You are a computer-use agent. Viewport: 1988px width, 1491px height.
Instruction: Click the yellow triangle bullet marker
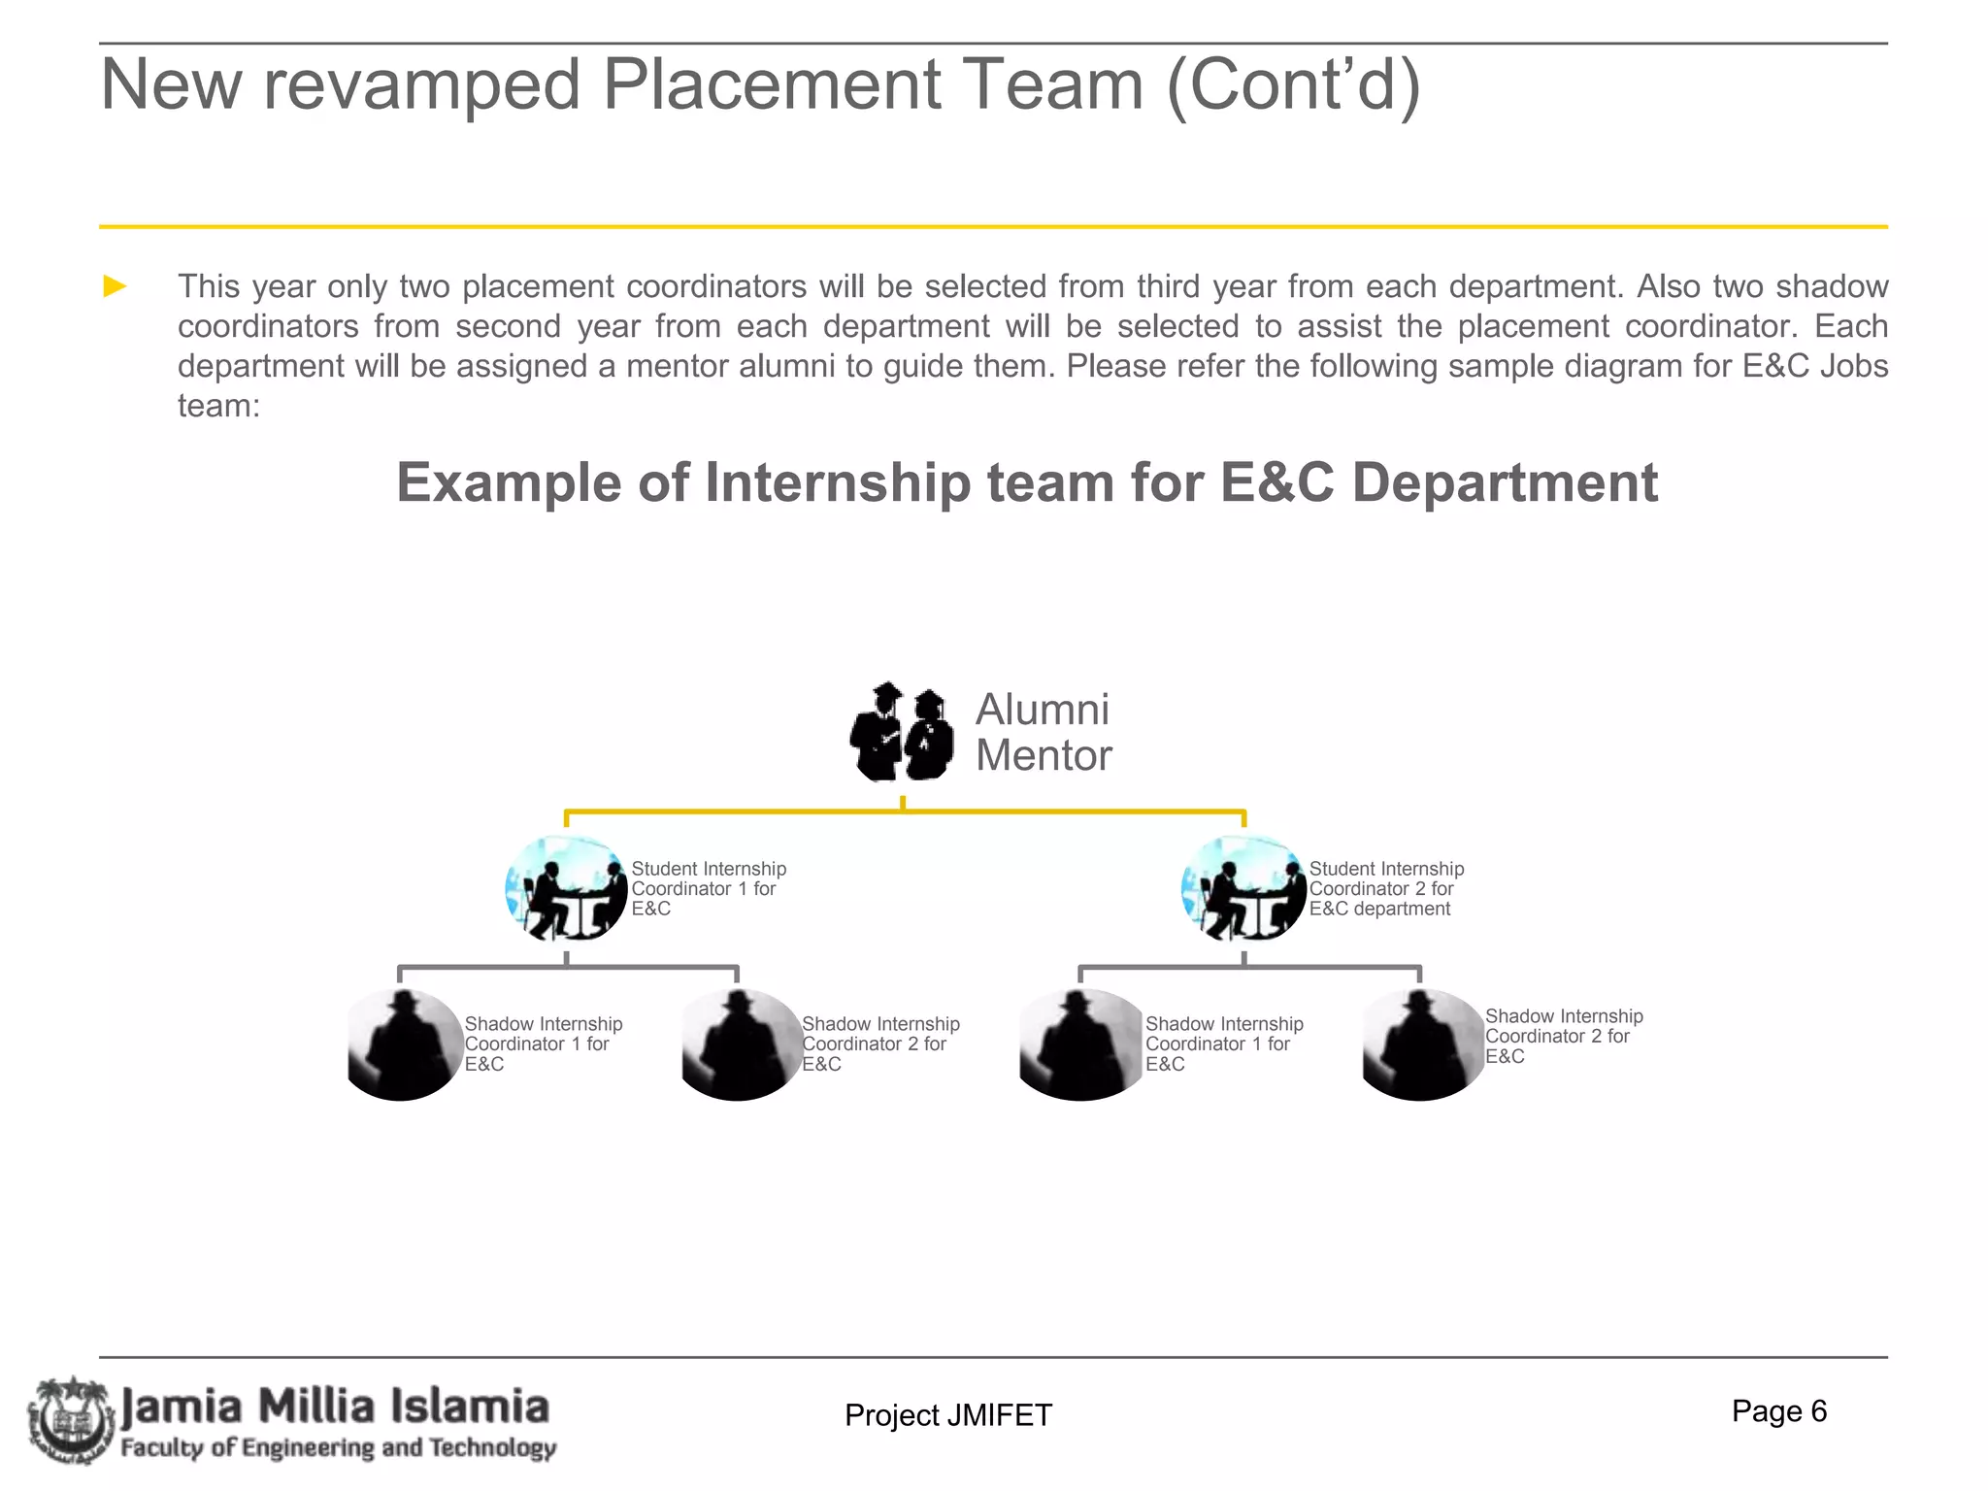coord(116,286)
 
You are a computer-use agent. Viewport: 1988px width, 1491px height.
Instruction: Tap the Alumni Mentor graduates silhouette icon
coord(902,732)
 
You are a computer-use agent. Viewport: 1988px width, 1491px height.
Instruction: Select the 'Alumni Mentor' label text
coord(1043,733)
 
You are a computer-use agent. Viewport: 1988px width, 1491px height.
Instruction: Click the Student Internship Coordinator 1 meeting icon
coord(567,888)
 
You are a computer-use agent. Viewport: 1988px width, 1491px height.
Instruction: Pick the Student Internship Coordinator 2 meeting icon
coord(1243,888)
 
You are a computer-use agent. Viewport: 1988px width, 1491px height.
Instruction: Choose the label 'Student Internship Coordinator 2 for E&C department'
coord(1385,889)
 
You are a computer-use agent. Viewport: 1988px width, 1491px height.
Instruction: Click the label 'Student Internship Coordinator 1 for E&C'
coord(708,889)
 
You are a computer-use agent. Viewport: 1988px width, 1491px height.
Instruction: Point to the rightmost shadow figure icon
coord(1420,1044)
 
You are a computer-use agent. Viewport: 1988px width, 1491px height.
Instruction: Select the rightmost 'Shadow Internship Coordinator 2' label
coord(1563,1037)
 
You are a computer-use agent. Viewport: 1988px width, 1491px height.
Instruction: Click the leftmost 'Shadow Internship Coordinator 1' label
coord(543,1044)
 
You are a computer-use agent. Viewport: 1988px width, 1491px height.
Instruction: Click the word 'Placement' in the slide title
coord(773,85)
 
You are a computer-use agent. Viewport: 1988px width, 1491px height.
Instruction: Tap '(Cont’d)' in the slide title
coord(1293,85)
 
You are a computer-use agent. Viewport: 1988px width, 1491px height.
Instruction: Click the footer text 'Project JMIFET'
coord(947,1415)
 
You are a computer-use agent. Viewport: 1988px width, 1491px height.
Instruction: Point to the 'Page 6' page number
coord(1778,1411)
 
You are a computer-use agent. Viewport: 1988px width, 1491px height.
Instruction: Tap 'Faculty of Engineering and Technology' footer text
coord(338,1448)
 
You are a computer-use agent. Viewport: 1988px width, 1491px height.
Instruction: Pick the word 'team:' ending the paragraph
coord(218,406)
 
